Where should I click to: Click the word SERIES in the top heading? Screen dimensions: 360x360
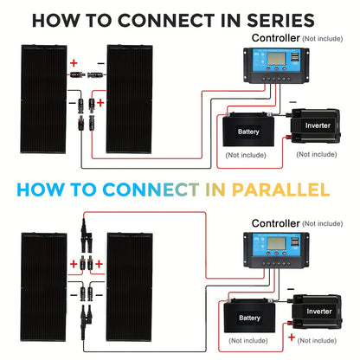point(280,21)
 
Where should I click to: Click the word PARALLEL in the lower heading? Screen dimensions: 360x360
point(280,190)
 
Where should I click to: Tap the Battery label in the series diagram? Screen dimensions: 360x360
point(248,132)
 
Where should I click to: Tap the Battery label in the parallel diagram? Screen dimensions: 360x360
point(249,318)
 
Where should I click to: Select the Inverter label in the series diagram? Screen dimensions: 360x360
point(318,125)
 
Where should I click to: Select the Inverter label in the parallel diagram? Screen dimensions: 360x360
point(319,312)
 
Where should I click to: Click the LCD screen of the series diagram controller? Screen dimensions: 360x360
point(277,59)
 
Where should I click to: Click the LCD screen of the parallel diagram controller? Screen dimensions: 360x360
point(277,244)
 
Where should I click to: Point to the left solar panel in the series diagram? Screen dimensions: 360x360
point(43,99)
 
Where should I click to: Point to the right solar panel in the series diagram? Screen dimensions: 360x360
point(129,99)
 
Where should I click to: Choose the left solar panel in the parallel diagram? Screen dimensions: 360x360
point(43,287)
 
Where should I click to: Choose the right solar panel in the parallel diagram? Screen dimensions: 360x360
point(129,287)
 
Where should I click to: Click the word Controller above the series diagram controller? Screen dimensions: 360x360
point(275,38)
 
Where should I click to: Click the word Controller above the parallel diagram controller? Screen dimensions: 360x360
point(275,223)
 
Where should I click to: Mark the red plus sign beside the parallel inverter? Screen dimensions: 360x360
point(292,337)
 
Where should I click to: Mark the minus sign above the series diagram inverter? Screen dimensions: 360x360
point(292,102)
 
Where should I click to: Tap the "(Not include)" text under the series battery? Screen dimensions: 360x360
point(246,155)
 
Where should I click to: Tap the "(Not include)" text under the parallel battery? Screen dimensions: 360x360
point(248,341)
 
